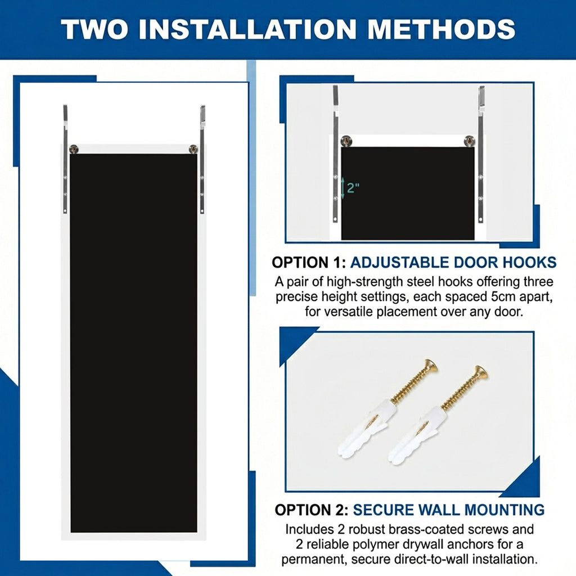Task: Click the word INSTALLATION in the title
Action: tap(247, 29)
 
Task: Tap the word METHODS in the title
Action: tap(441, 29)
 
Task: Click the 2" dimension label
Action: tap(353, 188)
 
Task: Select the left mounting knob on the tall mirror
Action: tap(74, 149)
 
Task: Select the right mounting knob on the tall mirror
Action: tap(193, 149)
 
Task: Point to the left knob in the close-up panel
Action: tap(346, 141)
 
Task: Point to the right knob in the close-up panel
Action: tap(470, 141)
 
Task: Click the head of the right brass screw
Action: tap(481, 372)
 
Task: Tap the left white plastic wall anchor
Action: tap(364, 430)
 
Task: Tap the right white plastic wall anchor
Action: tap(416, 435)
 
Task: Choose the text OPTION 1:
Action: tap(309, 263)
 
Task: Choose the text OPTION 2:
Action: tap(312, 510)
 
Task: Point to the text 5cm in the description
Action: tap(504, 296)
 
